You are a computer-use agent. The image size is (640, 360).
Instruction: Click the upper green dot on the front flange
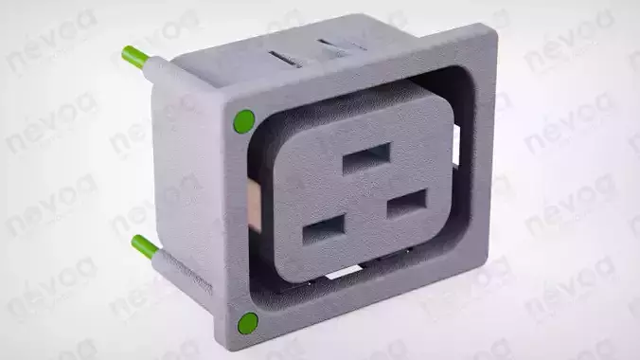coord(243,121)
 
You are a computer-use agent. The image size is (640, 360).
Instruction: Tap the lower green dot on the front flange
coord(249,322)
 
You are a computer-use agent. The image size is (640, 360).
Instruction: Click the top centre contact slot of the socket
coord(366,157)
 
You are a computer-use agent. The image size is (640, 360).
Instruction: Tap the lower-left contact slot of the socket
coord(324,228)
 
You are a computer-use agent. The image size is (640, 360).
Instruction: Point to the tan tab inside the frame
coord(255,203)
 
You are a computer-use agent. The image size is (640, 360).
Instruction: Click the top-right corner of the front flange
coord(490,31)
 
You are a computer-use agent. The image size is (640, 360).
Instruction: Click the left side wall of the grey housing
coord(189,171)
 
